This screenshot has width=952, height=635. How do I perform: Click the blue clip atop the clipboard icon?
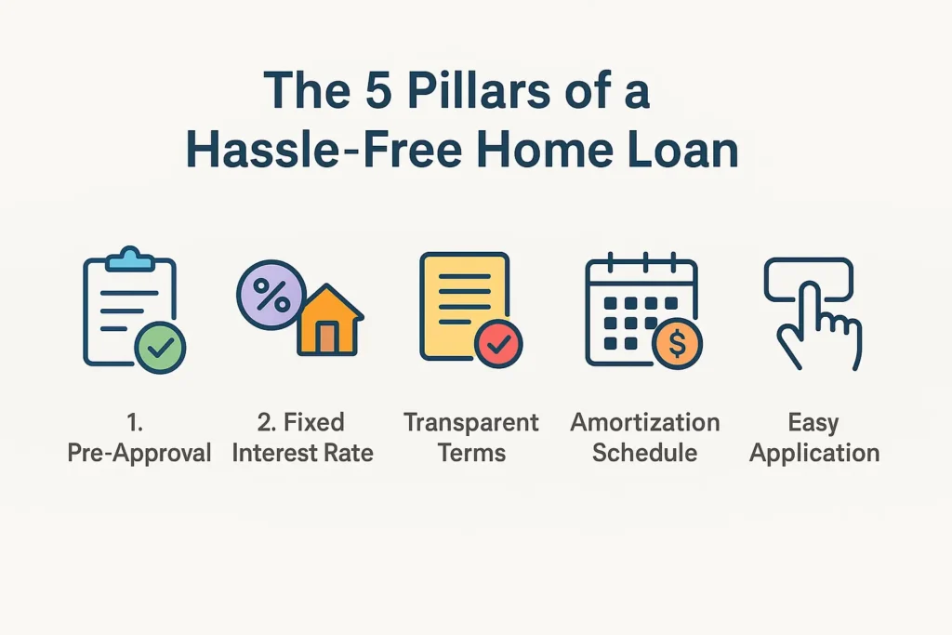[133, 259]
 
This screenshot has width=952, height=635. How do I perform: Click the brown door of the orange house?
[325, 338]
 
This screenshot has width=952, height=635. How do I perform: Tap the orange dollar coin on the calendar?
[677, 344]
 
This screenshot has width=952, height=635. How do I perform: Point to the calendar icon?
[638, 311]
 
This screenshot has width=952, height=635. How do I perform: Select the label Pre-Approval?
[139, 453]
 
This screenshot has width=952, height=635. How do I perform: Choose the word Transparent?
[471, 423]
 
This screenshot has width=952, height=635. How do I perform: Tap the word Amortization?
[645, 423]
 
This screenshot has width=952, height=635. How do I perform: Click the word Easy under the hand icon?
[813, 423]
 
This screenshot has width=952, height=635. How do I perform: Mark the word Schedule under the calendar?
[645, 453]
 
